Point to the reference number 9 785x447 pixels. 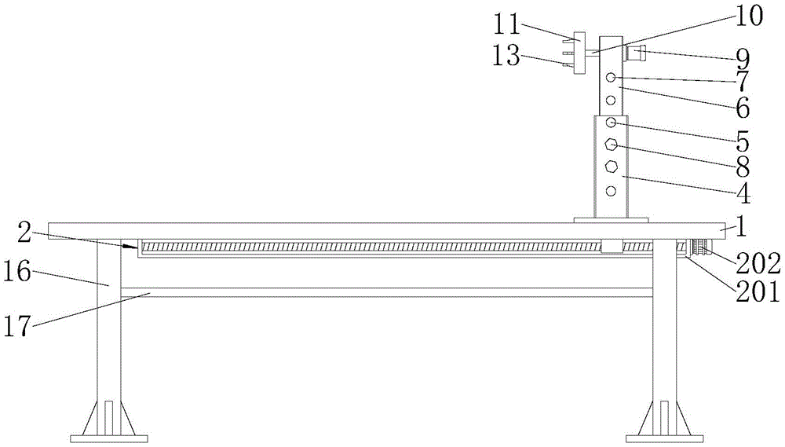[x=742, y=57]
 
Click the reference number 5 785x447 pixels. [x=742, y=144]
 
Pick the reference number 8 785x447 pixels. [x=742, y=167]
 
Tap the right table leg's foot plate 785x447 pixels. [x=664, y=437]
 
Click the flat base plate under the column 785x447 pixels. [x=610, y=220]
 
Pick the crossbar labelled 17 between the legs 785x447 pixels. [x=385, y=292]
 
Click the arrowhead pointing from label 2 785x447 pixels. [x=133, y=247]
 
